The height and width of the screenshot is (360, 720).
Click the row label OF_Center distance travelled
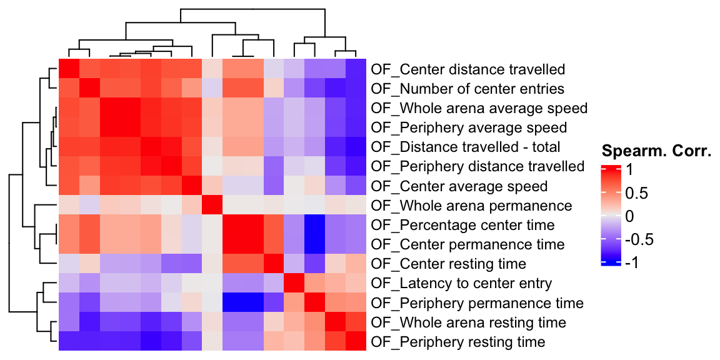point(467,69)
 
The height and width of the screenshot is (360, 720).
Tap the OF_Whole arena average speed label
point(479,108)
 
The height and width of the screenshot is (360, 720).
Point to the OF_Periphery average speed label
point(469,127)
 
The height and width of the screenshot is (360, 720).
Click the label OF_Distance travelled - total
point(466,147)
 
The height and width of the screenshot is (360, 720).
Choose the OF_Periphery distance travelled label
point(477,167)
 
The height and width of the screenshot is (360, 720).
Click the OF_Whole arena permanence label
point(471,206)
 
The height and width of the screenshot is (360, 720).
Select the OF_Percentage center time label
point(462,225)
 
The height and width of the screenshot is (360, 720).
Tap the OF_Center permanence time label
point(467,244)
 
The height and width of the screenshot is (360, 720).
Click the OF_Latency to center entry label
point(461,284)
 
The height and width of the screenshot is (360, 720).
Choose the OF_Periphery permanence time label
point(477,303)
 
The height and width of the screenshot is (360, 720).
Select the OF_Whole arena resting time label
point(468,322)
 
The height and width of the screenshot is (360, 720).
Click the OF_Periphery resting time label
point(457,342)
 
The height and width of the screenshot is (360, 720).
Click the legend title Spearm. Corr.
point(656,151)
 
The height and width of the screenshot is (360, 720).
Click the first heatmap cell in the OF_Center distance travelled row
point(69,69)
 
